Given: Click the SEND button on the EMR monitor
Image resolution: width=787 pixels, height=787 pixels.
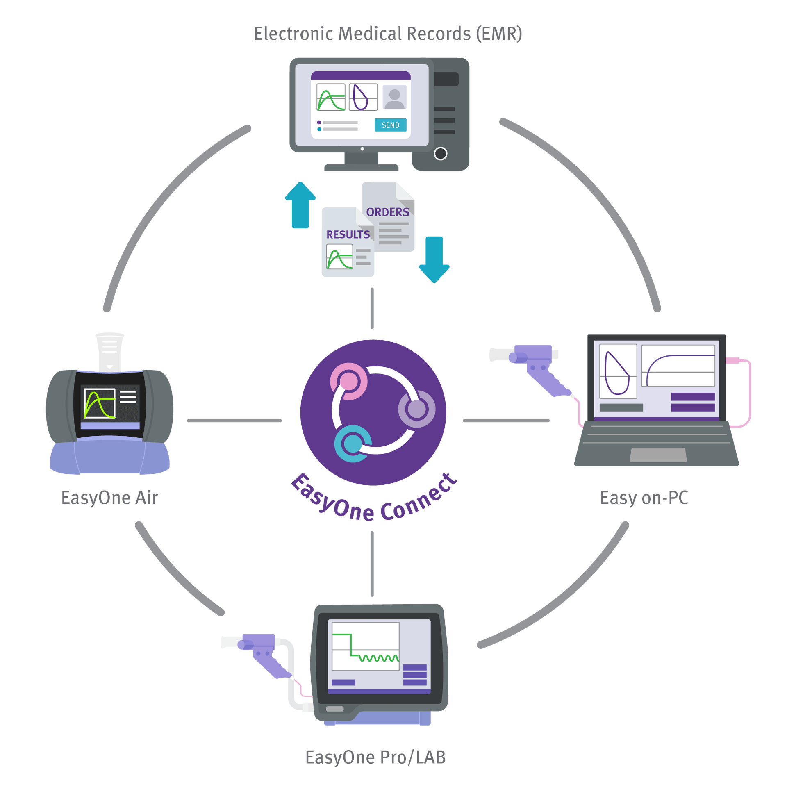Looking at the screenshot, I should (x=390, y=125).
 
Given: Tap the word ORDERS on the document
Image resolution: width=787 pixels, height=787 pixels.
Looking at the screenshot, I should (x=388, y=212).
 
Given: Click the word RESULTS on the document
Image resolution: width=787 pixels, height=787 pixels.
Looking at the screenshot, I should (x=348, y=234).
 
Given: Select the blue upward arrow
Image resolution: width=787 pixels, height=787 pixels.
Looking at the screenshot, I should (x=300, y=205).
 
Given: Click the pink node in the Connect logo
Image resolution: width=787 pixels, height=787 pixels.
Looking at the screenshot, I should (x=348, y=381).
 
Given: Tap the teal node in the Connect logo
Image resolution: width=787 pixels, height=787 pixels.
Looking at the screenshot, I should (x=353, y=444).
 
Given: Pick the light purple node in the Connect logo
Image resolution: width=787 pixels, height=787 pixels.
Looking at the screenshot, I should (x=416, y=409).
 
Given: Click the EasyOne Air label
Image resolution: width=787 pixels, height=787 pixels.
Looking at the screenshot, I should (x=109, y=498).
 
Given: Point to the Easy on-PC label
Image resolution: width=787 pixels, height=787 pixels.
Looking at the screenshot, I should (x=644, y=498).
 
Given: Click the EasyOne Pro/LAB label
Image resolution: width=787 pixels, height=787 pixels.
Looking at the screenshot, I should (x=375, y=757).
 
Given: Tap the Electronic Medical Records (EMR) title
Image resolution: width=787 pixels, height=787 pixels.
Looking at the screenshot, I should (x=388, y=34).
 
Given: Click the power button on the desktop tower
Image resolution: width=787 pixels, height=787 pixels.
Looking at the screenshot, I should (x=440, y=154).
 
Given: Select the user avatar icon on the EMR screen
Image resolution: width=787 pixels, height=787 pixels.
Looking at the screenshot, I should (x=394, y=98).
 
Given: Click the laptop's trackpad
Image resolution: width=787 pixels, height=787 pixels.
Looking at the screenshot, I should (x=658, y=455).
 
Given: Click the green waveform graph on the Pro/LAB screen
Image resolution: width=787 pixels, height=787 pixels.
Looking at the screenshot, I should (x=365, y=646).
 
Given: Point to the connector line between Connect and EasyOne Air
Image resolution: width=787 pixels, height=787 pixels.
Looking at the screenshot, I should (x=234, y=421).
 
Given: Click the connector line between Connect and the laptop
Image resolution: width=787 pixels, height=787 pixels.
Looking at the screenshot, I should (x=506, y=421).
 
